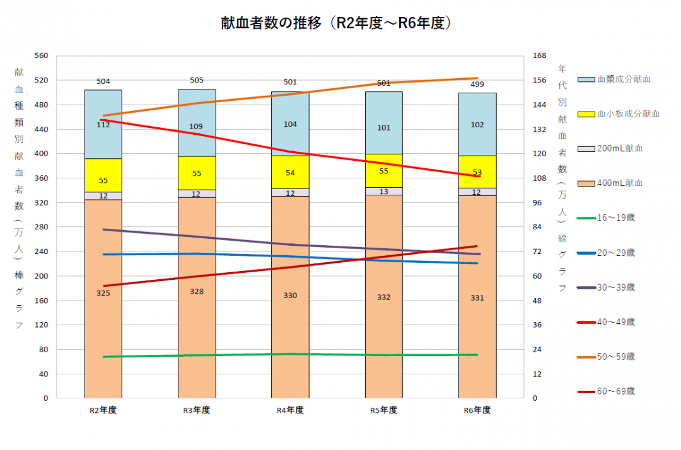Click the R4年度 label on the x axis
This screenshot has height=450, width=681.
click(x=290, y=410)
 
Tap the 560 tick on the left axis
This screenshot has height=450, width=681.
click(x=41, y=56)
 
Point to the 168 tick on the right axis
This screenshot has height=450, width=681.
click(x=539, y=56)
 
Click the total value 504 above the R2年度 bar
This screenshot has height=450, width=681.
click(x=103, y=81)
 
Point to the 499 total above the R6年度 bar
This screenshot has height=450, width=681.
click(x=477, y=84)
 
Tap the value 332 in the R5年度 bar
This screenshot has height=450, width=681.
click(x=383, y=297)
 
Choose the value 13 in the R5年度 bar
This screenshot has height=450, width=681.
click(x=383, y=192)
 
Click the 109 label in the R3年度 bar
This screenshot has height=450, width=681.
click(x=197, y=127)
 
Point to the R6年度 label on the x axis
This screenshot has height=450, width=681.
click(x=477, y=410)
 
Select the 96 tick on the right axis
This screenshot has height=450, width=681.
click(x=537, y=203)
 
